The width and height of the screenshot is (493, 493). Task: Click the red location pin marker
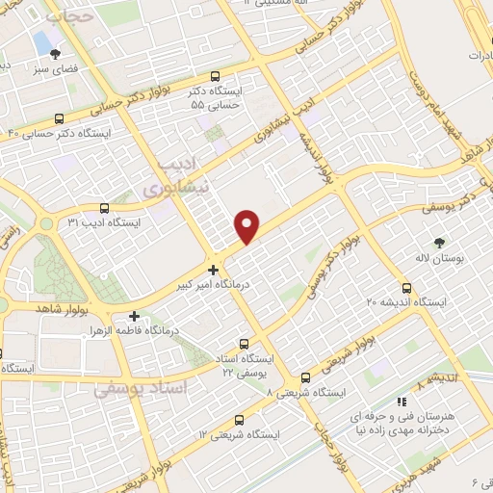pos(247,225)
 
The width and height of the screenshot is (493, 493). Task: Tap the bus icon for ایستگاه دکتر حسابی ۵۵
pos(214,77)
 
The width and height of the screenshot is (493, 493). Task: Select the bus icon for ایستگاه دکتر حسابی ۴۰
pos(60,119)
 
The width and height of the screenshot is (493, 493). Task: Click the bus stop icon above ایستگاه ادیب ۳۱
pos(104,208)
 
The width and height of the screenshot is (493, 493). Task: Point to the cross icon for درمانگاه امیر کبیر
pos(213,271)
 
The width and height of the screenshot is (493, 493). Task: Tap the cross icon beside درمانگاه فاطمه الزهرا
pos(134,316)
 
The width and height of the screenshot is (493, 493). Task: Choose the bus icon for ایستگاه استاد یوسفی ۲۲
pos(243,343)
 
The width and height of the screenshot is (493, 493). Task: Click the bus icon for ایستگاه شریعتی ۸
pos(305,377)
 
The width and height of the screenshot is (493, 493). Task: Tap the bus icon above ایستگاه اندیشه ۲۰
pos(405,288)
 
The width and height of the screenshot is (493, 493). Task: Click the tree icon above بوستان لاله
pos(441,243)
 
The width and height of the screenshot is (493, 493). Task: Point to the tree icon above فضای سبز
pos(54,54)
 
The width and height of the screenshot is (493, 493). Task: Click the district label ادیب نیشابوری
pos(182,177)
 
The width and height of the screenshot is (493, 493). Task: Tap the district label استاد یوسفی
pos(132,390)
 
